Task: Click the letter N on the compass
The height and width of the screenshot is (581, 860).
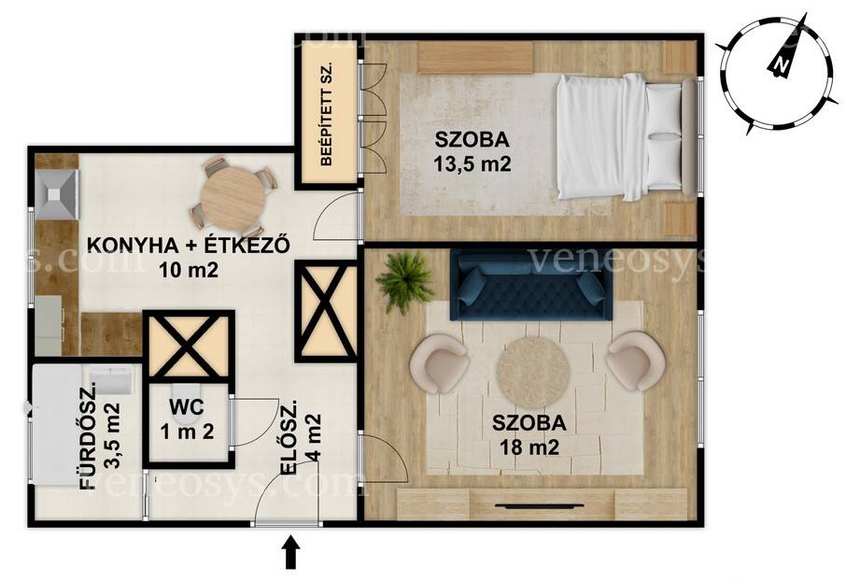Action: (x=781, y=65)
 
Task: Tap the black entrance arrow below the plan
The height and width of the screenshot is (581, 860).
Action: (x=291, y=552)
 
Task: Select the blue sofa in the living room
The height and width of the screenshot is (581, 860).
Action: (x=531, y=285)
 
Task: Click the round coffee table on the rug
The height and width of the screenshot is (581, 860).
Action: (x=532, y=373)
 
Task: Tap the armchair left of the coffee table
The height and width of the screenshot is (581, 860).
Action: (x=439, y=364)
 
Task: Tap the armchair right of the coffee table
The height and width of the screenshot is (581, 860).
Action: (x=636, y=361)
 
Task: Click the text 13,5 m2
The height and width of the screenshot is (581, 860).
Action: (x=472, y=163)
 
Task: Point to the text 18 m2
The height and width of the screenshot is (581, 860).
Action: (x=529, y=447)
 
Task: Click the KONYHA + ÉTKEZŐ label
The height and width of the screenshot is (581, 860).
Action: (x=188, y=246)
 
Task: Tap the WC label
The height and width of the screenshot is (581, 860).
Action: (x=187, y=407)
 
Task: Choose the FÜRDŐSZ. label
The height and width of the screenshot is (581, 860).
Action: (x=89, y=436)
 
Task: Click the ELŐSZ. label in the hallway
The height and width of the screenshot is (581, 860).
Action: (x=289, y=437)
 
